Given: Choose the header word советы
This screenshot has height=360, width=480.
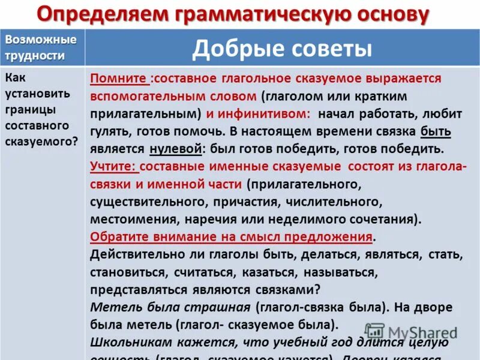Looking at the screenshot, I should coord(325,49).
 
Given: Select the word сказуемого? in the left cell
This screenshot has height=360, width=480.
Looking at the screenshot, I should coord(41,142).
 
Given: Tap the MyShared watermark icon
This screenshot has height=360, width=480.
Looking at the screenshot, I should coord(374,331).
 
